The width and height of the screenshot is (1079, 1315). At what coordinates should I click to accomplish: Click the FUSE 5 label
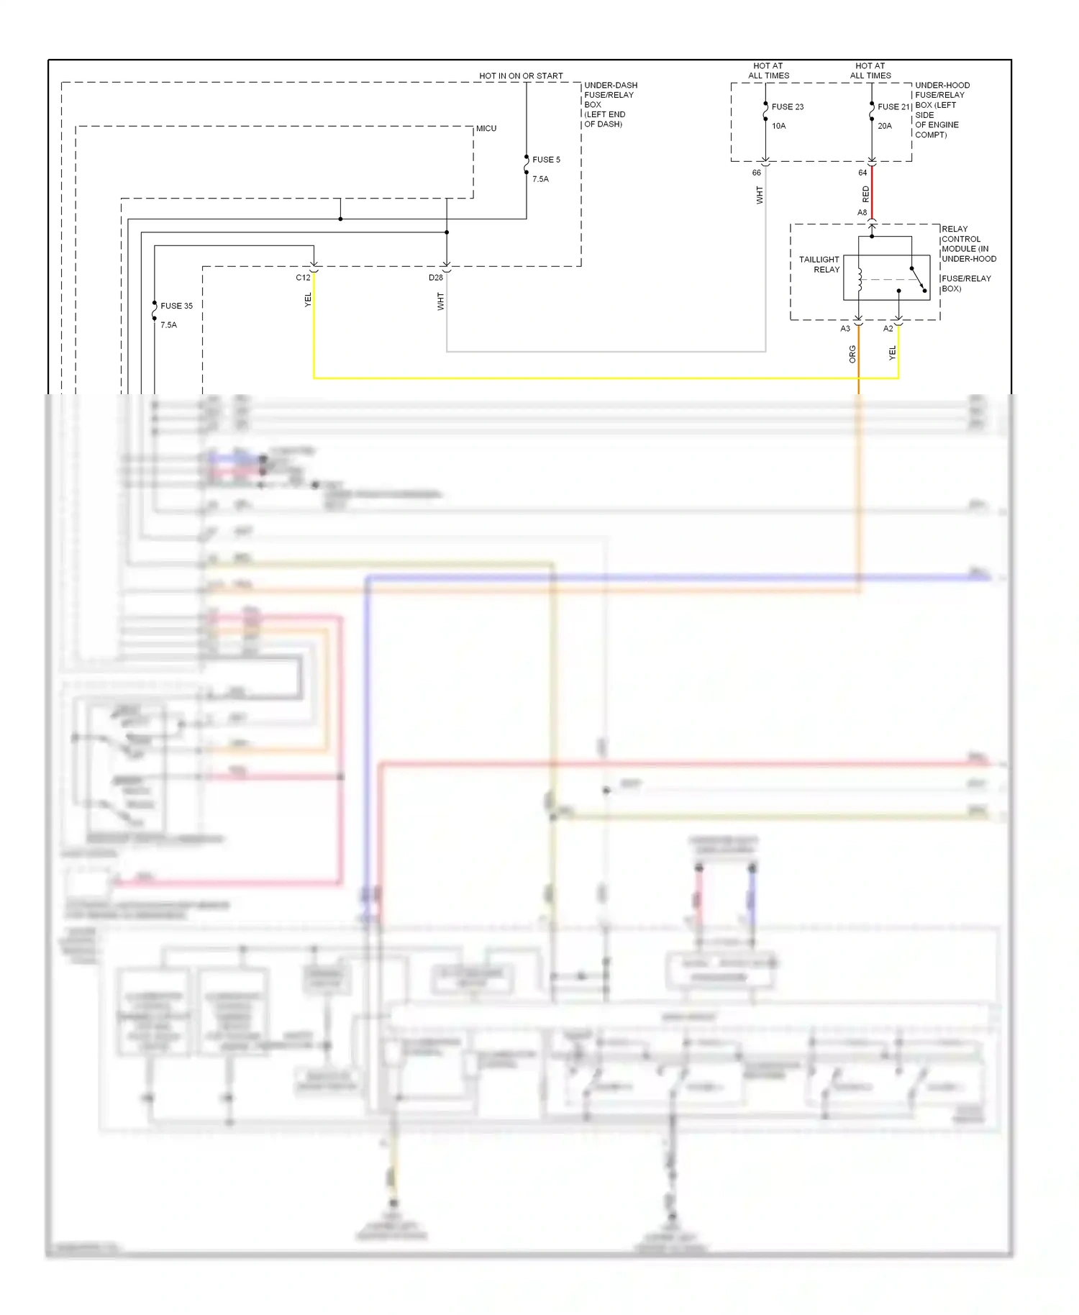(x=546, y=160)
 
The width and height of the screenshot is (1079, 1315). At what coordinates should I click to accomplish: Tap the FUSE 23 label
(x=788, y=106)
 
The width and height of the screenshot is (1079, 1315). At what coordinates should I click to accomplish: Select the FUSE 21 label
(x=894, y=106)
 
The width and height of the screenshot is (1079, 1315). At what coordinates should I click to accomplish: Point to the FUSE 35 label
(x=176, y=306)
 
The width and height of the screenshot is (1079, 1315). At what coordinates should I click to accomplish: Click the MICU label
(x=486, y=129)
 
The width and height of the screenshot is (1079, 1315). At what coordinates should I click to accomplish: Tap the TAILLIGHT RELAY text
(x=820, y=264)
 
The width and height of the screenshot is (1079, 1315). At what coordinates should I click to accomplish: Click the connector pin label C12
(x=303, y=278)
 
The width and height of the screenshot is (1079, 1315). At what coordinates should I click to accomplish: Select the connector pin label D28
(x=436, y=278)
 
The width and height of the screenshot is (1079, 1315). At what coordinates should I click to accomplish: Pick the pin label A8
(x=862, y=213)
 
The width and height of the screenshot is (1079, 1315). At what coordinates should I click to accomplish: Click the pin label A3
(x=845, y=329)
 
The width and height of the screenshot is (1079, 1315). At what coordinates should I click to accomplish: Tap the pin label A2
(x=888, y=329)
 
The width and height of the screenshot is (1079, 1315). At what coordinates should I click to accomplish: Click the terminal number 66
(x=756, y=173)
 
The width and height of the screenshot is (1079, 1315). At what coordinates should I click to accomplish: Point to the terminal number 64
(x=862, y=173)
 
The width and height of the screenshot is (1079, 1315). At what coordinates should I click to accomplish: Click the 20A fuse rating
(x=885, y=126)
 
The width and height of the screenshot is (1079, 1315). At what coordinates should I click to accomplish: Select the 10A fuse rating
(x=779, y=126)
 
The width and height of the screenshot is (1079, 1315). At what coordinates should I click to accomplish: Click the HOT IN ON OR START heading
(x=521, y=76)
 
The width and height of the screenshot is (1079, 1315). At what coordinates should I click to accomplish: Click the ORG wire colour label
(x=852, y=353)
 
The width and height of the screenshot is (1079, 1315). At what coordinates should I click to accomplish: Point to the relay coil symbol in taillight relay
(x=860, y=279)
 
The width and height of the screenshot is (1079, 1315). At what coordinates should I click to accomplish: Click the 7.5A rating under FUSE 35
(x=168, y=325)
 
